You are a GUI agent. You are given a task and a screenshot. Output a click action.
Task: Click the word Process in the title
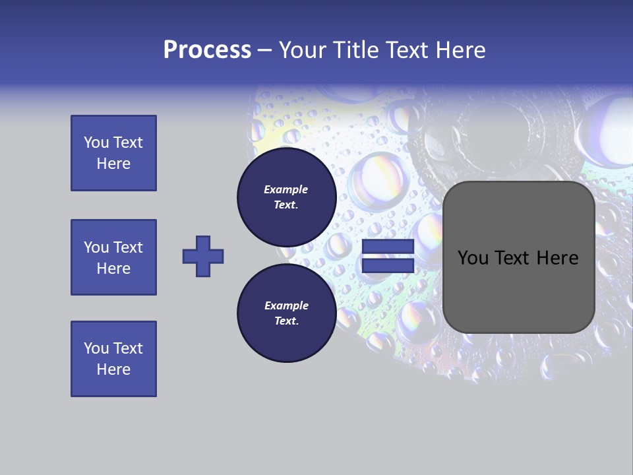click(x=207, y=50)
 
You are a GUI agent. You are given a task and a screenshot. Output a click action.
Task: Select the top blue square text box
click(x=113, y=153)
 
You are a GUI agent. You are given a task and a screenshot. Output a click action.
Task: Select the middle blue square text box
click(x=113, y=257)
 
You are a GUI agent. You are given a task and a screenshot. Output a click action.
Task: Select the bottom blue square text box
click(x=113, y=359)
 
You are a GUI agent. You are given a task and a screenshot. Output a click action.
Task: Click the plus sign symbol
click(x=203, y=256)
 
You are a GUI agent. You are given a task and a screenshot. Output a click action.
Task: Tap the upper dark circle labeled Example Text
click(x=286, y=197)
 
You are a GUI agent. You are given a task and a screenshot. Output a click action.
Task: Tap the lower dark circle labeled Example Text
click(x=286, y=313)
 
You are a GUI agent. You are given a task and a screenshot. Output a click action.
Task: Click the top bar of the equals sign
click(x=388, y=247)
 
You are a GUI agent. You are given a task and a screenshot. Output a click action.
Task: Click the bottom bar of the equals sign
click(x=388, y=265)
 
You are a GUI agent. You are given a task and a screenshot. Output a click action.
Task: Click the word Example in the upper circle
click(x=286, y=189)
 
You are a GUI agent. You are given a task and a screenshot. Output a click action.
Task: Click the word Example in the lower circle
click(x=286, y=305)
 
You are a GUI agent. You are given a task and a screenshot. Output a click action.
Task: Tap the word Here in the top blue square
click(x=113, y=164)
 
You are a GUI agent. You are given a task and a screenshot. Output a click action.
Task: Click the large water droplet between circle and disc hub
click(x=374, y=178)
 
